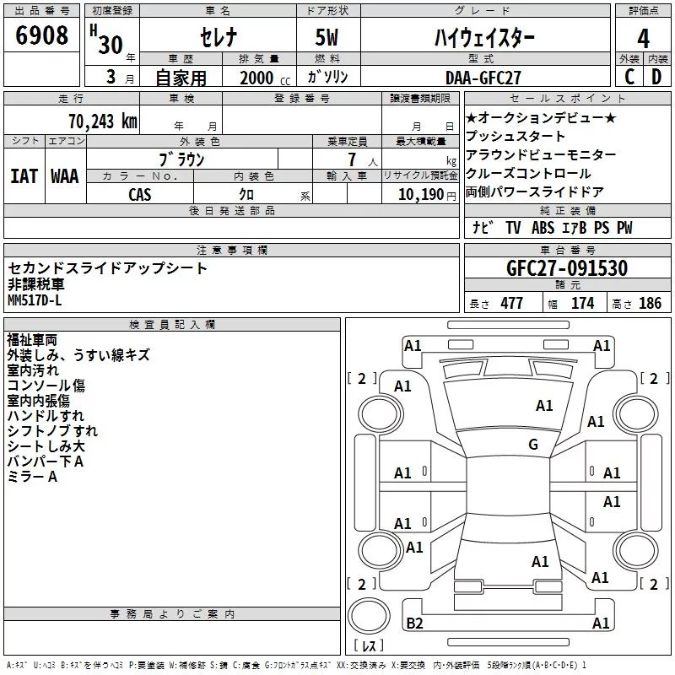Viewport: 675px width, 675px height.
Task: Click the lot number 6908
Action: [41, 35]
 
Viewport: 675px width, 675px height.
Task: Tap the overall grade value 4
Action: [643, 39]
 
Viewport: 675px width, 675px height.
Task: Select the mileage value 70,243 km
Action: [103, 121]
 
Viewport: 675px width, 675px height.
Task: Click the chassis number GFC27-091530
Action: [567, 268]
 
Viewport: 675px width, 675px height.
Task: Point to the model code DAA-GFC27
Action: [483, 78]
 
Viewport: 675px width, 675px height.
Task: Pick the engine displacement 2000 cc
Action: [265, 78]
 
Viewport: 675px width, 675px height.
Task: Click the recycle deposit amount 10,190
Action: [421, 195]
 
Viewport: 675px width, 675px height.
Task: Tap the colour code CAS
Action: [140, 195]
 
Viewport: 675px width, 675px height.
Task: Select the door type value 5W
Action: [327, 37]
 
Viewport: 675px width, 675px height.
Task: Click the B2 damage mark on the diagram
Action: [414, 624]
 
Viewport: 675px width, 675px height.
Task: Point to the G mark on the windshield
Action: [533, 445]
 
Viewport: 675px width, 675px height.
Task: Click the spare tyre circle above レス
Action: [369, 616]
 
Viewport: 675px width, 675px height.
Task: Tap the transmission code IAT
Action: [24, 176]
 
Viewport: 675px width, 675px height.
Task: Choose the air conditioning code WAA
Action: [65, 176]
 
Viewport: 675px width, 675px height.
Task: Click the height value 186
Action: [650, 304]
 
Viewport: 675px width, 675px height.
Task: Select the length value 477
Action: [512, 304]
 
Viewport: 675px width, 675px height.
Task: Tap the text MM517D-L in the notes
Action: [35, 300]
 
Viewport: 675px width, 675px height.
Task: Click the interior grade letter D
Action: [656, 77]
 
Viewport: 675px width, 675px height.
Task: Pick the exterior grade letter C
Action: [629, 77]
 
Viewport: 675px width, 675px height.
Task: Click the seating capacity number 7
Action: [352, 159]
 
